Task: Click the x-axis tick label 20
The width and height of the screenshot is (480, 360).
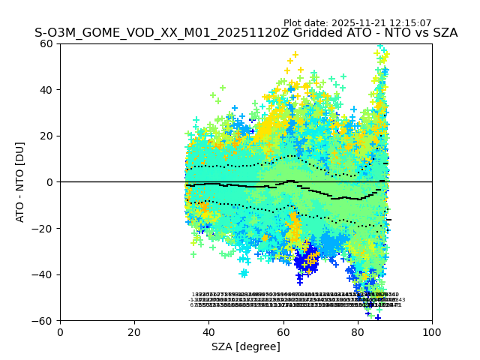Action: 134,332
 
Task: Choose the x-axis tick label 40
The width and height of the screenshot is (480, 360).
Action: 208,332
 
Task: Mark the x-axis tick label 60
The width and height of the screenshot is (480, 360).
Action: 283,332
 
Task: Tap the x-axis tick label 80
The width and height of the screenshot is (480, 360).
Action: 358,332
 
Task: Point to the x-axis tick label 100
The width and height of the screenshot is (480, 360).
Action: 432,332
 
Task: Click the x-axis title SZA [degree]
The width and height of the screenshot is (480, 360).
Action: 246,346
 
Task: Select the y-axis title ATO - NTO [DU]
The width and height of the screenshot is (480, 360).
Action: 21,182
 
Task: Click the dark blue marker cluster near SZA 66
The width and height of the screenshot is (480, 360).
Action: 306,259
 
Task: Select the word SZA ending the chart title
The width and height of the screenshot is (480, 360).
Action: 443,34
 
